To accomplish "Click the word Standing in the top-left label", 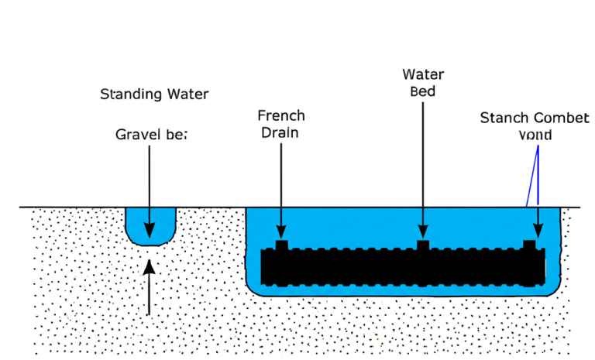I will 129,94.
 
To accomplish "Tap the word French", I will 280,115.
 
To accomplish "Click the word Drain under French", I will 280,132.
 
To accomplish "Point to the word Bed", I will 423,91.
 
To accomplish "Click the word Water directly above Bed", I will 423,74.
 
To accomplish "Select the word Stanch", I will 504,118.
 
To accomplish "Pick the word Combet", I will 551,118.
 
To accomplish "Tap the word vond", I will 535,134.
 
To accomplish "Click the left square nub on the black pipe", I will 280,245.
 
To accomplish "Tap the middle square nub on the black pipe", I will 423,245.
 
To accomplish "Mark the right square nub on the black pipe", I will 530,245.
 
